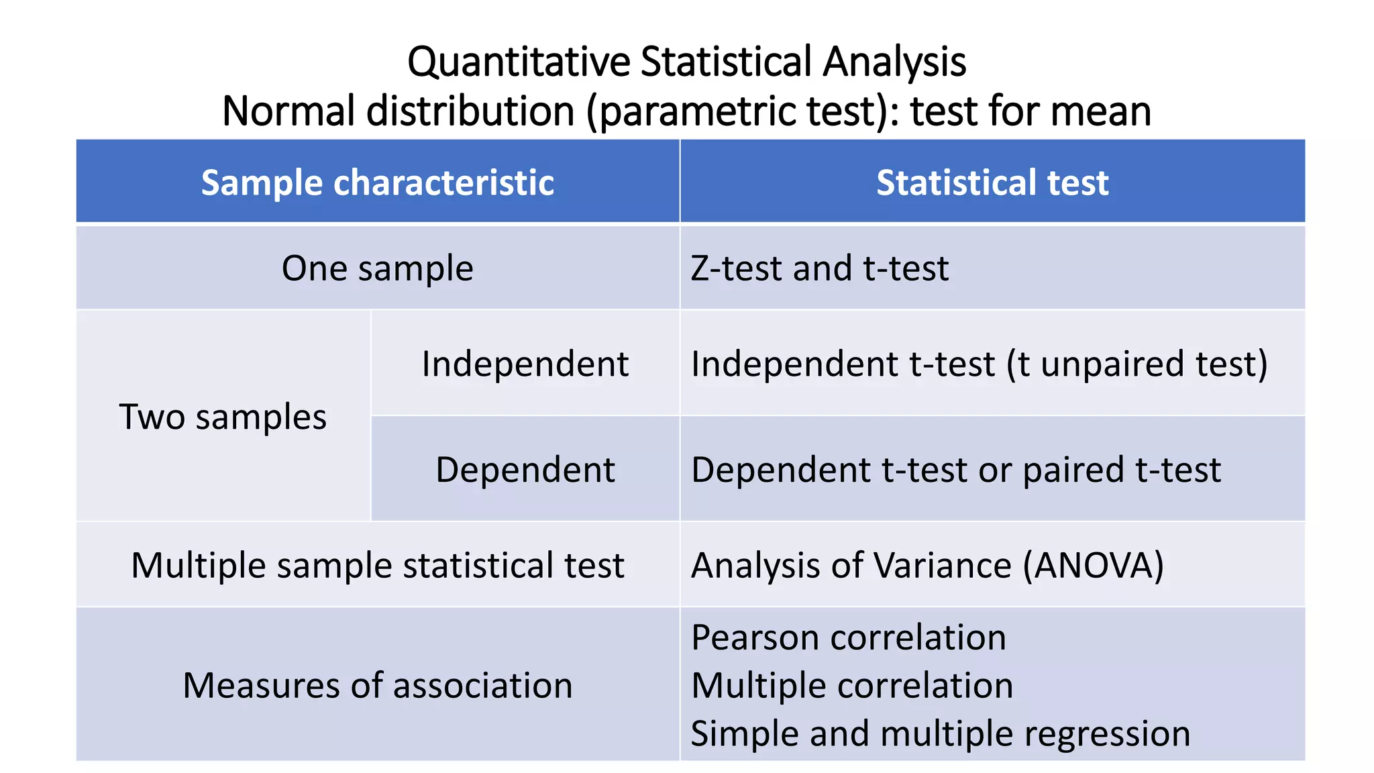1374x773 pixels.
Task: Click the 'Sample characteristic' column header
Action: click(x=378, y=183)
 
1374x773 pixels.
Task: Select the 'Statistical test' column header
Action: click(x=992, y=183)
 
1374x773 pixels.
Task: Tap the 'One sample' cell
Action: click(x=378, y=268)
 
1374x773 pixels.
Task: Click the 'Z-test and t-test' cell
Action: click(x=820, y=268)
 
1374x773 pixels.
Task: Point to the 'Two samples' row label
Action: click(x=223, y=417)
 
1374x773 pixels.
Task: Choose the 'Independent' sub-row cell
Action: click(x=525, y=364)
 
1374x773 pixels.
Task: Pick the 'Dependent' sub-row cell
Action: click(x=525, y=470)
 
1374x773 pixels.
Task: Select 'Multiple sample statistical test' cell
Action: click(x=378, y=565)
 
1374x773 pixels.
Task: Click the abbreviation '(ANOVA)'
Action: click(x=1094, y=565)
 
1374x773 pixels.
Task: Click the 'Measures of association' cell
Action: click(x=378, y=686)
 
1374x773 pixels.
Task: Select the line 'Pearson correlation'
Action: click(x=849, y=637)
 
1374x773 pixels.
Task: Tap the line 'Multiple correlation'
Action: click(x=852, y=686)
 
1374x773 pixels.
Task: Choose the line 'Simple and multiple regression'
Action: click(x=941, y=733)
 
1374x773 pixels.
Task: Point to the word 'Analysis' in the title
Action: click(x=895, y=62)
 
